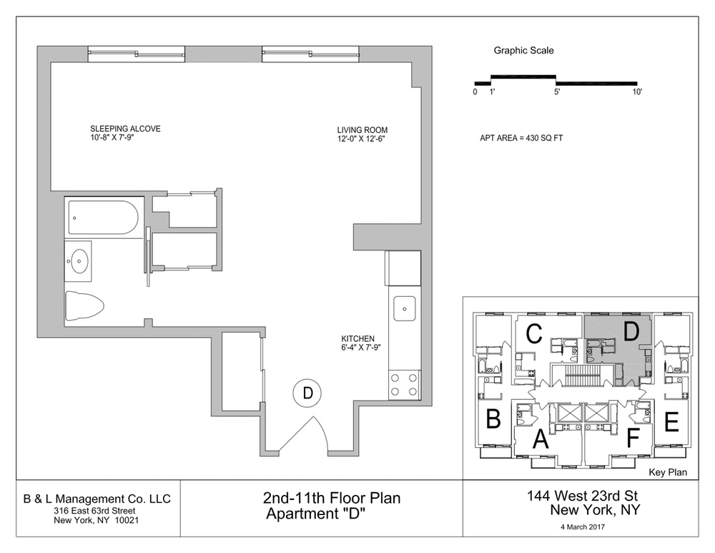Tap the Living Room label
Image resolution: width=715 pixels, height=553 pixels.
[x=362, y=130]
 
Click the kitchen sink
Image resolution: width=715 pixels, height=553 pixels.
[x=404, y=309]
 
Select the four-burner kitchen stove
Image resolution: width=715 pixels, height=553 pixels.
[x=404, y=386]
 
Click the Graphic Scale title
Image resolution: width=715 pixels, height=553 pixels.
[x=523, y=51]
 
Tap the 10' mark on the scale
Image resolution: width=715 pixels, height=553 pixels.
[x=636, y=92]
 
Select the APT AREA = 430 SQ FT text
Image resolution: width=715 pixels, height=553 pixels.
[x=521, y=138]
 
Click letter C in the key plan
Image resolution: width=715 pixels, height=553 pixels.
[x=533, y=334]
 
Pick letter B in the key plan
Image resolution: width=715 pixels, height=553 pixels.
[x=493, y=419]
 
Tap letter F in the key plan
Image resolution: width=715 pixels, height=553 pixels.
[x=632, y=437]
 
